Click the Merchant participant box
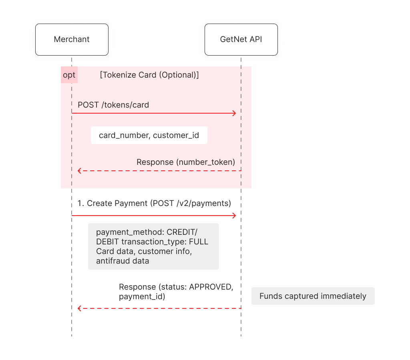tap(72, 40)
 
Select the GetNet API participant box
tap(241, 40)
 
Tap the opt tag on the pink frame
tap(69, 75)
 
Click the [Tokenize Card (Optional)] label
tap(149, 75)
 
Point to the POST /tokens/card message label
tap(113, 105)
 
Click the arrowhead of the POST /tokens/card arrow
tap(235, 113)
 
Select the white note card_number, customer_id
tap(149, 135)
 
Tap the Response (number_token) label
tap(186, 162)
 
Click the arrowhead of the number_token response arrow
tap(79, 171)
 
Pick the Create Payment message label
tap(154, 203)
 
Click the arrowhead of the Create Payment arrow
tap(235, 216)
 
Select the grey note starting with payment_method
tap(153, 246)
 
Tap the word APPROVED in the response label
tap(211, 287)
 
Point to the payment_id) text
tap(142, 297)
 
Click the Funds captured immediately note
tap(313, 296)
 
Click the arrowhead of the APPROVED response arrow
tap(79, 308)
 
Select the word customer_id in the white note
tap(176, 135)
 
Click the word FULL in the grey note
tap(199, 242)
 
